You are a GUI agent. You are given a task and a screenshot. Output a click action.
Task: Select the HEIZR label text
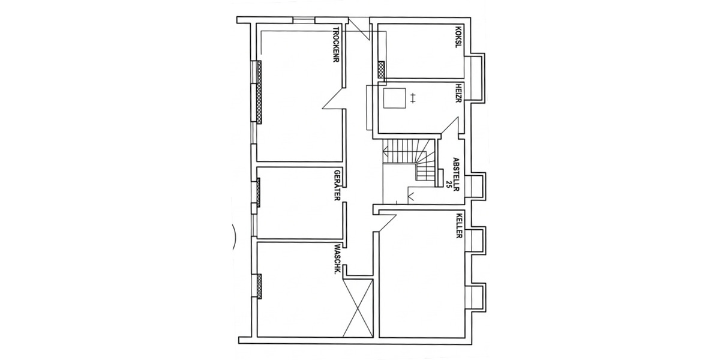point(458,94)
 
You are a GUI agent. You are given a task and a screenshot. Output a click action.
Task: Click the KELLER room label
point(458,226)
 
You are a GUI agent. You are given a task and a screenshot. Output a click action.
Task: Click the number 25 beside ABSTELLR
point(448,182)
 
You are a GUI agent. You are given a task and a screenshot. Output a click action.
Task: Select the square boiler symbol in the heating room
point(394,98)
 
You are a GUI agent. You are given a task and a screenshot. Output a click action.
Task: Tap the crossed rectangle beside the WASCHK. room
point(360,307)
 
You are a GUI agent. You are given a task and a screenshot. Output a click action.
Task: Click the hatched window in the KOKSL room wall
point(380,69)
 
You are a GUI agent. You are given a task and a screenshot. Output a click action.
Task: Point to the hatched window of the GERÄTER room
point(259,192)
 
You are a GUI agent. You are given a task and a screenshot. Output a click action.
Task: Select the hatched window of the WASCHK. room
point(259,286)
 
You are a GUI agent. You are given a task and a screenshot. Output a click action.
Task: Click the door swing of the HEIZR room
point(450,126)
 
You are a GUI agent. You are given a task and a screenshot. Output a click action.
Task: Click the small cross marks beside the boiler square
point(413,97)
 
